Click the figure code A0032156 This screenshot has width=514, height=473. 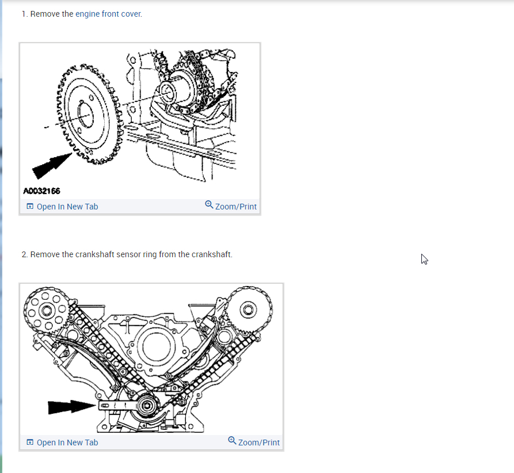42,190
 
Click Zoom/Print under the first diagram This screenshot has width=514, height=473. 231,207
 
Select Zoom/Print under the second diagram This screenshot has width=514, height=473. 254,443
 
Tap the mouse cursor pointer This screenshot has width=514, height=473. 424,259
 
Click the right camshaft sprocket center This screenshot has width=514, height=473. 249,310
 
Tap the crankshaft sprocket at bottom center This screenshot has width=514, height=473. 148,406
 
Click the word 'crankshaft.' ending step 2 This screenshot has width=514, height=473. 212,254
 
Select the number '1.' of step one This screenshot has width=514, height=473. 25,14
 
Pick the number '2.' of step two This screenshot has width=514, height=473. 25,254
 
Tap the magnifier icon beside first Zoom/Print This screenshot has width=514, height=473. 209,205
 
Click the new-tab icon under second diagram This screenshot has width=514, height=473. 30,443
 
